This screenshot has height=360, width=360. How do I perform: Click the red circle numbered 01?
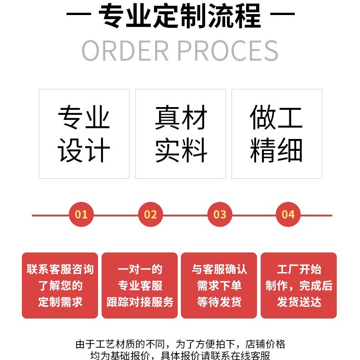coord(81,215)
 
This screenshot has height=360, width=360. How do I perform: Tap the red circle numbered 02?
coord(150,215)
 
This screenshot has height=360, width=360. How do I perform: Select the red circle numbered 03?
coord(220,215)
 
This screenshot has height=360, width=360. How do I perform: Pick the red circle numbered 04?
coord(288,215)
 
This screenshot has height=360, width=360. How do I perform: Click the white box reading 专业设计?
coord(84,134)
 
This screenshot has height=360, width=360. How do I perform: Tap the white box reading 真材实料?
coord(180,134)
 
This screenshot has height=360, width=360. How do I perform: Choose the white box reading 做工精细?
coord(277,134)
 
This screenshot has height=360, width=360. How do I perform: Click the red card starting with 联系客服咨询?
coord(60,285)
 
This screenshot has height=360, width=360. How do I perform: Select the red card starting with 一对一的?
coord(139,285)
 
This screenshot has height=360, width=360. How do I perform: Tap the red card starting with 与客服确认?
coord(219,285)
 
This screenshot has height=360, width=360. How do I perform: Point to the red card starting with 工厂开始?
coord(298,285)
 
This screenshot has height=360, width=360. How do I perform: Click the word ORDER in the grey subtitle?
coord(125,51)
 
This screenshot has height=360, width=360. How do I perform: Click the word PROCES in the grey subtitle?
coord(230,51)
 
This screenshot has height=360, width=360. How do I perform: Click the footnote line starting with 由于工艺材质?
coord(180,344)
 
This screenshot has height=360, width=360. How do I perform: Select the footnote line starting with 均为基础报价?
coord(180,355)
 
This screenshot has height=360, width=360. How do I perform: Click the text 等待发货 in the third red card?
coord(219,302)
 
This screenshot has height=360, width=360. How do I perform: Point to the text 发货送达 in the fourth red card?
coord(298,302)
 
